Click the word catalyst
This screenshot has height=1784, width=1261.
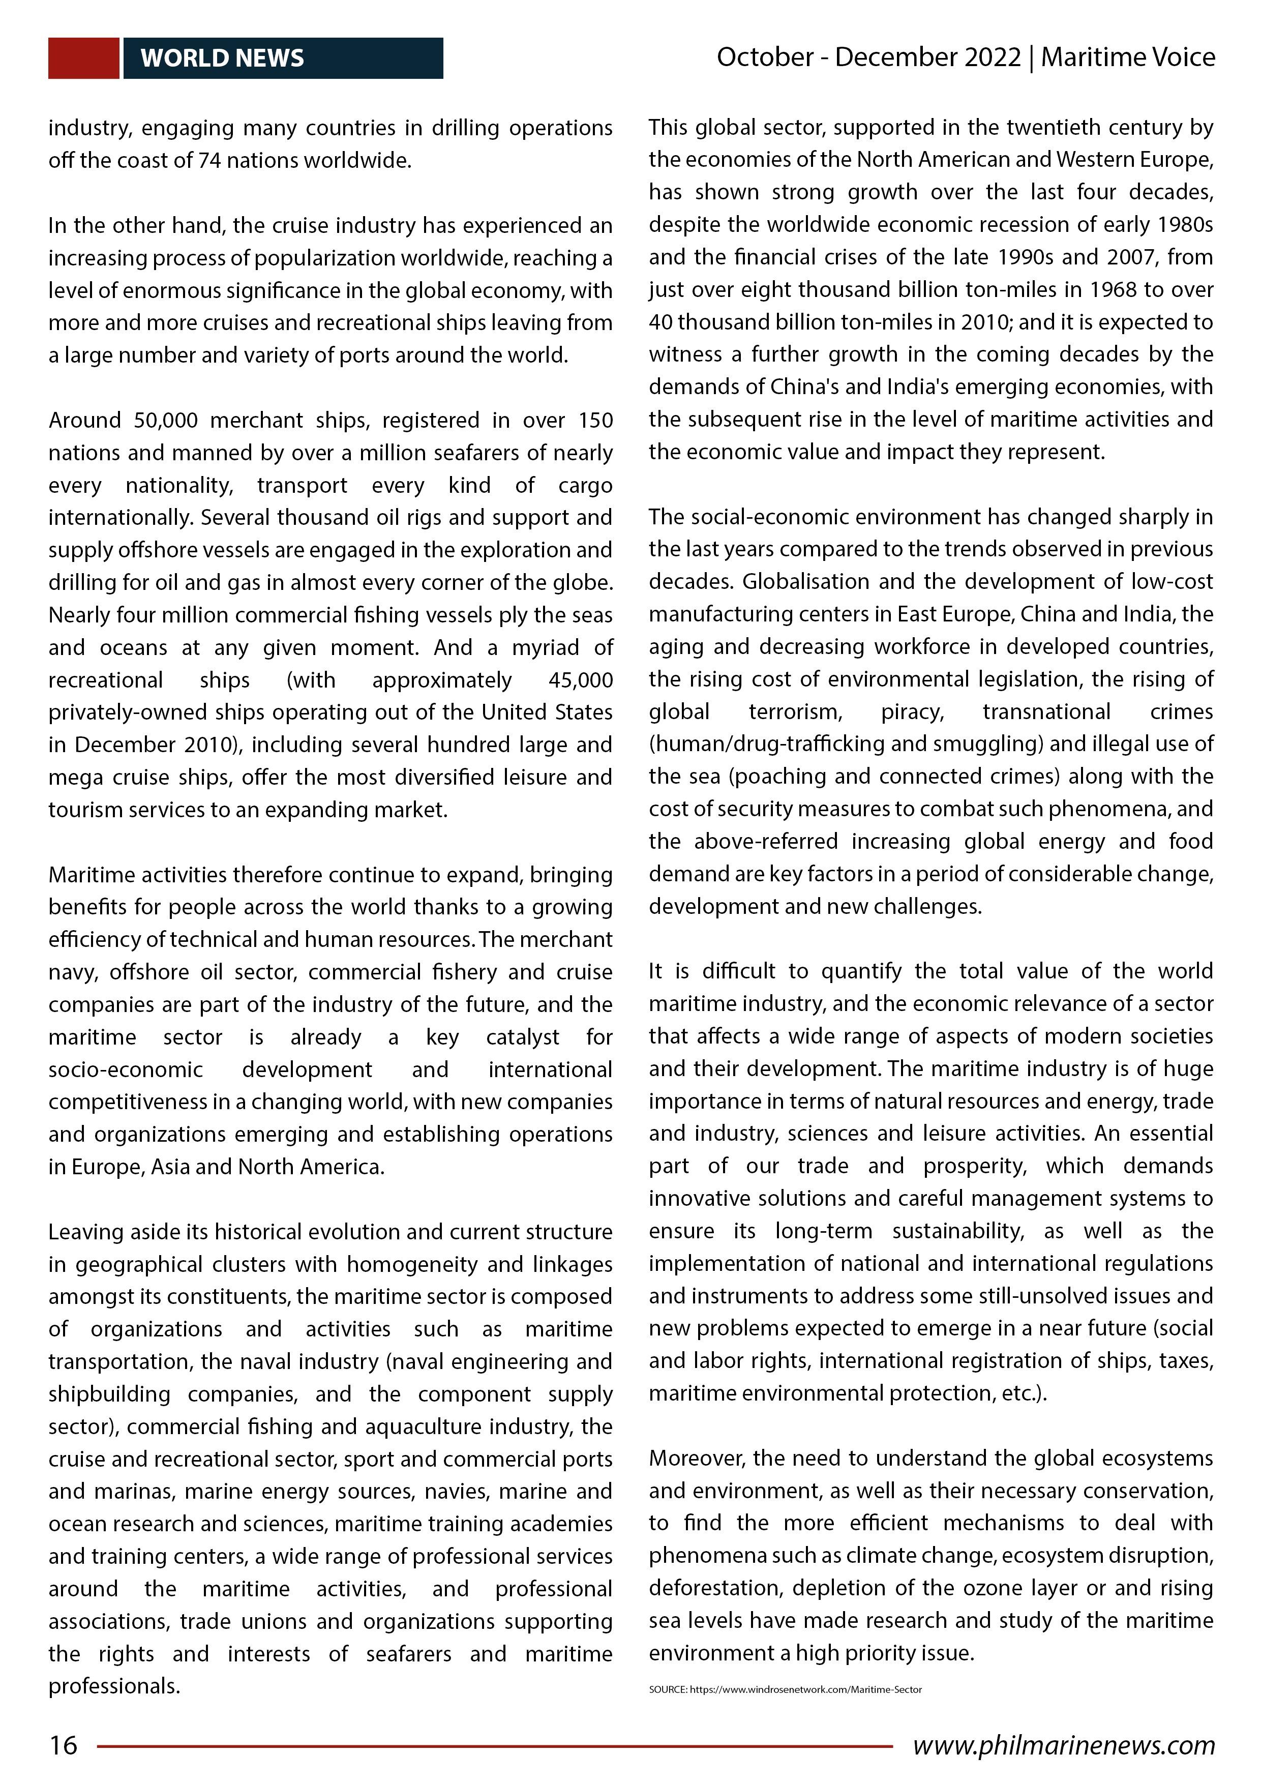522,1037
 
